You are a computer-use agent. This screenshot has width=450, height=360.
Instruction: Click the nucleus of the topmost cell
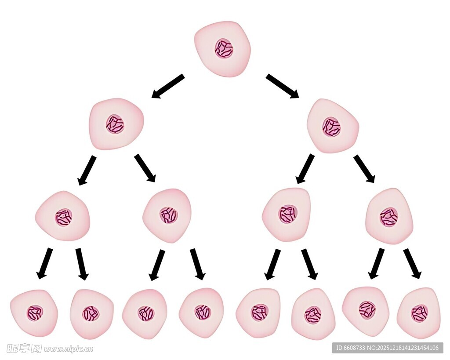[224, 48]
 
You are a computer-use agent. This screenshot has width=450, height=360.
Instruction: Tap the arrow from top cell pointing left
[168, 86]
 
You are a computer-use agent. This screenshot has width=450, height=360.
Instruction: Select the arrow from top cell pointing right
[282, 86]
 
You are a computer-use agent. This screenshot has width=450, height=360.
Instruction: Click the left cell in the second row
[116, 124]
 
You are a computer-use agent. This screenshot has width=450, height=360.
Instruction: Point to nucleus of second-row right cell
[331, 127]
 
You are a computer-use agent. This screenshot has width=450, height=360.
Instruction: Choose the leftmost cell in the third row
[63, 216]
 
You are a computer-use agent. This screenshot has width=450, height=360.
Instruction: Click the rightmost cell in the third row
[389, 216]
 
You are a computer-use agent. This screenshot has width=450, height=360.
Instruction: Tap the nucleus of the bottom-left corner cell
[35, 313]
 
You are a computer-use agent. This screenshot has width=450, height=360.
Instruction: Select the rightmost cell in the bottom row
[419, 313]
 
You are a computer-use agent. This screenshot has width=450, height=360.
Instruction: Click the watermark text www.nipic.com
[68, 349]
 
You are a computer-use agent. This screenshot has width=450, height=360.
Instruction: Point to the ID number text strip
[387, 348]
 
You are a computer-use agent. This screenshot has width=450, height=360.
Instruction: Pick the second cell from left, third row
[167, 215]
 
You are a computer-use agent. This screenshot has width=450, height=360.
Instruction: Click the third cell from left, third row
[287, 215]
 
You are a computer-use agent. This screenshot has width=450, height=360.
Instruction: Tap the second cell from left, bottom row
[91, 314]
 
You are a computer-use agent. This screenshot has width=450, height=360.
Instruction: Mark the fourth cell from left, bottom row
[202, 313]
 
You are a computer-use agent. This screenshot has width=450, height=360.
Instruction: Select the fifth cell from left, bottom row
[258, 313]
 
